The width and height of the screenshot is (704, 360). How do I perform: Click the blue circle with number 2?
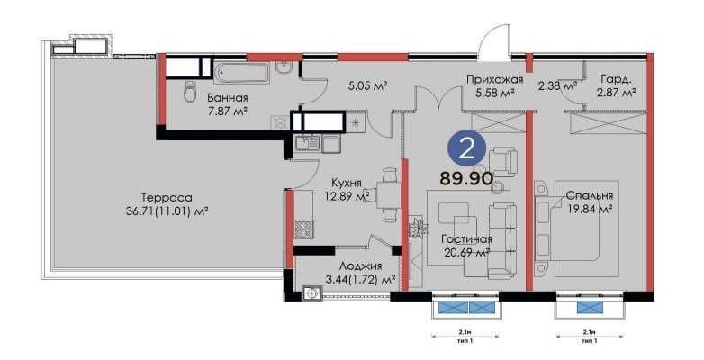click(467, 150)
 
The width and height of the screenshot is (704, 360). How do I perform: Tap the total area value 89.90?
click(466, 179)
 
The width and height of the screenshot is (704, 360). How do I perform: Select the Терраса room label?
click(167, 197)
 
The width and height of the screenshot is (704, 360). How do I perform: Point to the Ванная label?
click(228, 98)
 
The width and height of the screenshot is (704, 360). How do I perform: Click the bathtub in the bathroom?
click(242, 73)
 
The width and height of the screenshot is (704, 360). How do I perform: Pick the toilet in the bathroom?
click(190, 91)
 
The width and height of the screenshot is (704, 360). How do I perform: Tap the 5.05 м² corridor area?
click(367, 85)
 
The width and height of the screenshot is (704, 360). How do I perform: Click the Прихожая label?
click(495, 80)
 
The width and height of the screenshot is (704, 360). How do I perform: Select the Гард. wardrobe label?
click(616, 80)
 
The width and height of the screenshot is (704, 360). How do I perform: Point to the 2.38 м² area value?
click(557, 85)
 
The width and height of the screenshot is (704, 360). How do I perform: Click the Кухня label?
click(347, 183)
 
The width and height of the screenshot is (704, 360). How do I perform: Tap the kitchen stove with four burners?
click(303, 229)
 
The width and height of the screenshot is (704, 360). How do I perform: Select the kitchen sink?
click(308, 144)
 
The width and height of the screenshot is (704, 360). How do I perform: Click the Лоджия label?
click(360, 265)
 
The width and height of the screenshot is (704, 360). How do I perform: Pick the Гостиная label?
click(466, 239)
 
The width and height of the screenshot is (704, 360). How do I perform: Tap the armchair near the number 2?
click(502, 160)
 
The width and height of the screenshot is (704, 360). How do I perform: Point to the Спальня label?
click(590, 196)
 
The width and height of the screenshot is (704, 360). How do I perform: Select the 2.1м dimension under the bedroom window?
click(589, 332)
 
